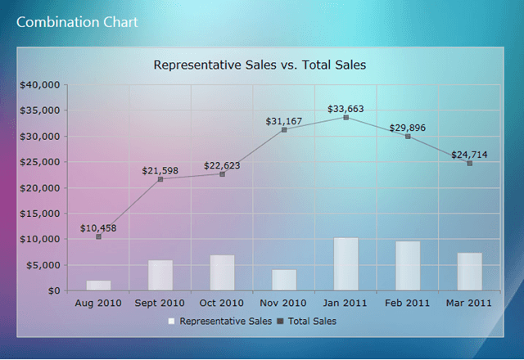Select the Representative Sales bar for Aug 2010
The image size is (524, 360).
pos(98,286)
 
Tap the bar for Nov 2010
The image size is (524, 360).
pos(284,280)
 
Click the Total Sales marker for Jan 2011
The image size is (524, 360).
pos(346,117)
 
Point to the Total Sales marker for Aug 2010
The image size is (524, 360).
pos(98,236)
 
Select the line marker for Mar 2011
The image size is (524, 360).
pos(470,163)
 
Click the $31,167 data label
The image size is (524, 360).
pos(283,121)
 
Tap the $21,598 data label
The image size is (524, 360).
pos(160,170)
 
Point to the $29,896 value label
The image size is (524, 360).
pos(408,127)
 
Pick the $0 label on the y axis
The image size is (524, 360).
pos(52,290)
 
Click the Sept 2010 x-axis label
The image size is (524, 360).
pos(160,303)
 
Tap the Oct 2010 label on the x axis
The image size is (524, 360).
pos(222,303)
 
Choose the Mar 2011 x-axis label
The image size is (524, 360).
pos(470,303)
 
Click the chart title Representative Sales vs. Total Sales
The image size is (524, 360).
pos(260,64)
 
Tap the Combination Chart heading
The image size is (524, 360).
pos(77,21)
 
